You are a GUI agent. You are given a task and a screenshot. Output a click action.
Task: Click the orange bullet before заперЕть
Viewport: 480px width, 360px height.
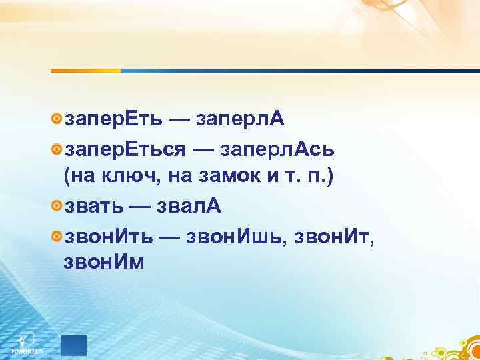click(x=57, y=119)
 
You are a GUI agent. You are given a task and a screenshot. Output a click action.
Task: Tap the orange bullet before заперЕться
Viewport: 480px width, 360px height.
click(x=57, y=149)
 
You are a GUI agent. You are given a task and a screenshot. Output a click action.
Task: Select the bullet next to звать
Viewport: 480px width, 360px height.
click(x=57, y=207)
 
